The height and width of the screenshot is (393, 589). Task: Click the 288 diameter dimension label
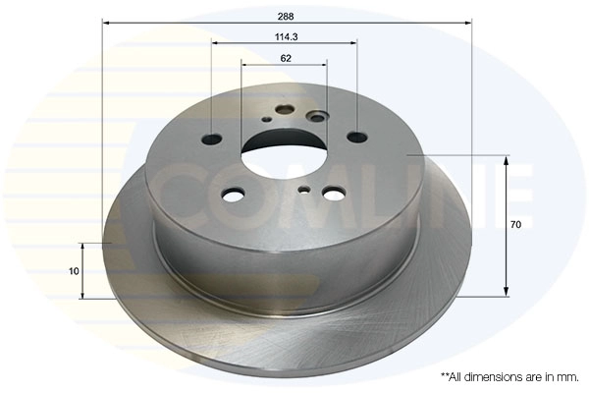tap(286, 17)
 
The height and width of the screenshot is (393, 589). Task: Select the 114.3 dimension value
tap(287, 37)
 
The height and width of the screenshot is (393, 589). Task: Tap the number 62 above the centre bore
tap(286, 58)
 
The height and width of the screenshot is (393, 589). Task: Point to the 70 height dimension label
tap(515, 225)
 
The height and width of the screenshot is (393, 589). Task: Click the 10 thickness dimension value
tap(74, 271)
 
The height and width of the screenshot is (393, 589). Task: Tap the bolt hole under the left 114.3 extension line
tap(212, 140)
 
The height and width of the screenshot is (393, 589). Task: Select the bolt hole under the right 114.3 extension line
tap(357, 137)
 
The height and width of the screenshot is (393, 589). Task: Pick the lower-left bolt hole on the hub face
tap(234, 195)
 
